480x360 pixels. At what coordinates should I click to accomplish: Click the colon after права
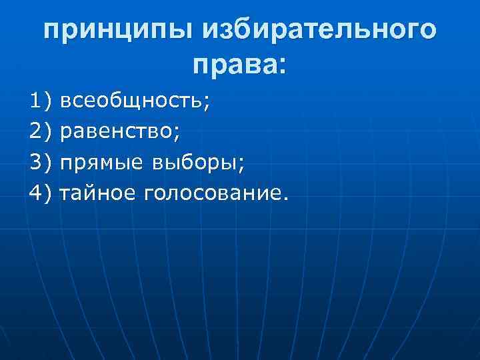(279, 65)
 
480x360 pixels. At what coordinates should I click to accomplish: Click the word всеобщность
(131, 101)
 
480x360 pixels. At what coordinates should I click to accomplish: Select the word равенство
(117, 132)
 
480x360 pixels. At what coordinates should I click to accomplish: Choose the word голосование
(211, 194)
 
